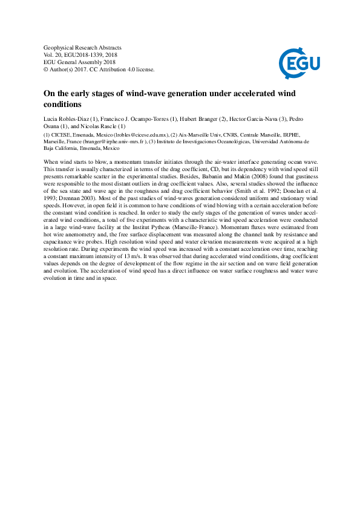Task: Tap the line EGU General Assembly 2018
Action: click(80, 62)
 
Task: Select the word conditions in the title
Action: click(62, 105)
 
